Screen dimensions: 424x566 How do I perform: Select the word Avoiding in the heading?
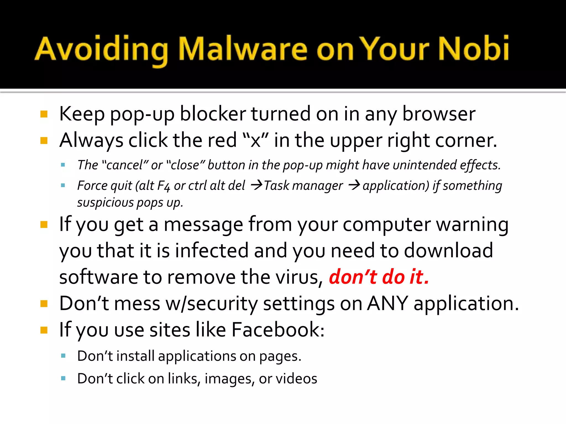click(x=101, y=50)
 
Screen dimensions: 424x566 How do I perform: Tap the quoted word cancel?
click(x=124, y=165)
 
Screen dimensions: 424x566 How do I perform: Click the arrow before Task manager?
click(x=256, y=185)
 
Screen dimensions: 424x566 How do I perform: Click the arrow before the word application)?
click(x=354, y=185)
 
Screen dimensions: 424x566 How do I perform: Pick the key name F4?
click(x=163, y=186)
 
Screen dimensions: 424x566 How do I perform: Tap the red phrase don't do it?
click(x=379, y=277)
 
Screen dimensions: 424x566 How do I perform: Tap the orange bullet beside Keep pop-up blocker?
click(x=44, y=114)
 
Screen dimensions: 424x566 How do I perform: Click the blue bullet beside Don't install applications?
click(x=63, y=356)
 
